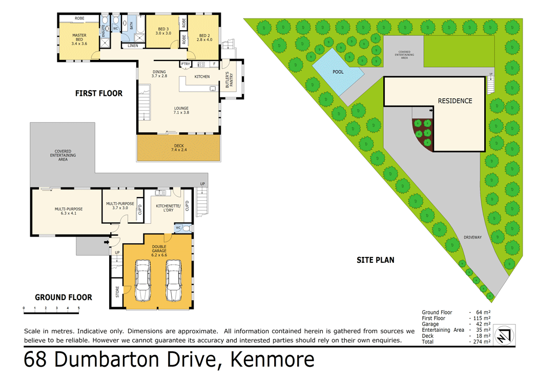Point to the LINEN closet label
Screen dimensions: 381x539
pos(133,46)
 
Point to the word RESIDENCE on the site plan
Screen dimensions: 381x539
pos(454,101)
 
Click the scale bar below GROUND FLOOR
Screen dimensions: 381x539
pos(51,308)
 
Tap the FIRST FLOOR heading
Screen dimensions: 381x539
pos(99,93)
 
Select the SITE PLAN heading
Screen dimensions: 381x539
pos(376,260)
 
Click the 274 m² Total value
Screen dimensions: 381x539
pos(482,342)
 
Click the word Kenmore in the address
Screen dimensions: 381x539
pos(273,360)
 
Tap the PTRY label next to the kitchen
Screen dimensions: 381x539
pos(185,64)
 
